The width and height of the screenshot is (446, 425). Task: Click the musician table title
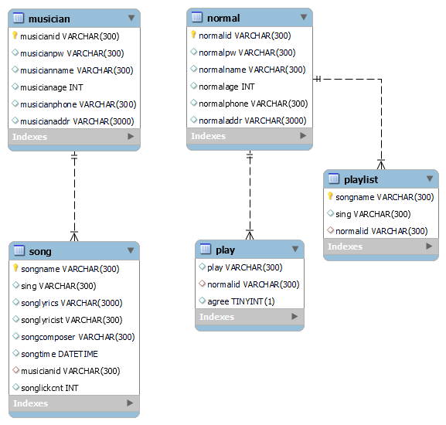point(49,19)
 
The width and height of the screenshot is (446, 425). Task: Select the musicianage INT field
point(51,87)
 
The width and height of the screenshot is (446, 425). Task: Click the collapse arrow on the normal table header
point(304,18)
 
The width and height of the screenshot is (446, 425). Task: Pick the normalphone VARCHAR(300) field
point(253,104)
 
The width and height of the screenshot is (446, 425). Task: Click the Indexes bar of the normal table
point(249,137)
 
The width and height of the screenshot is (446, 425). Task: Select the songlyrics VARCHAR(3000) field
point(71,303)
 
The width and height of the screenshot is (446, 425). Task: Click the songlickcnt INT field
point(49,388)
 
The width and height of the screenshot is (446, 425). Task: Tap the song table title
point(40,252)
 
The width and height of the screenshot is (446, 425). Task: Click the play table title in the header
point(225,250)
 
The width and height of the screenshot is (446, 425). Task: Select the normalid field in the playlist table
point(381,231)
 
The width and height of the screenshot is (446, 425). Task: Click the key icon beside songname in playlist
point(330,197)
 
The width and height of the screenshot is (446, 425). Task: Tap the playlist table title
point(360,179)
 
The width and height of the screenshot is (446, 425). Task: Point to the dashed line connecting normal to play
point(250,194)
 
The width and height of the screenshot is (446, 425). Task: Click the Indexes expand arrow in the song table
point(131,403)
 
